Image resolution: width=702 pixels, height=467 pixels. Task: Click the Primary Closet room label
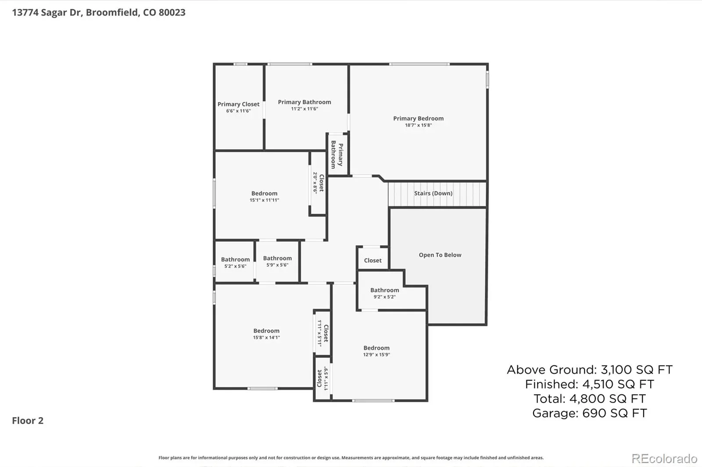238,104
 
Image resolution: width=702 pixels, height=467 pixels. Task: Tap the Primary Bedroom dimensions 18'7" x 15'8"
419,125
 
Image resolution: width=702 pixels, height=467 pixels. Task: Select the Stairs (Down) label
433,194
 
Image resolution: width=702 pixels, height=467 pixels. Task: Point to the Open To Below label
440,255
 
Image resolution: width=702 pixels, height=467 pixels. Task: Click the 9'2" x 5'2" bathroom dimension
384,297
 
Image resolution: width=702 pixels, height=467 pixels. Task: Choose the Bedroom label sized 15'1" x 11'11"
264,194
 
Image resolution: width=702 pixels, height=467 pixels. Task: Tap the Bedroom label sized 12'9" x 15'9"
376,348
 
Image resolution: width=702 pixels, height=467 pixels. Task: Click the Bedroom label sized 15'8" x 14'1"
266,331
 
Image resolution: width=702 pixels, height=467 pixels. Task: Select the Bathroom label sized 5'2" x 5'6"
235,259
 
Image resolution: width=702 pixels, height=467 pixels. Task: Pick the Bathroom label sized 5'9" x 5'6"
277,258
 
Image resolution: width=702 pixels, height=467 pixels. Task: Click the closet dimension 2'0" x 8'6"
315,183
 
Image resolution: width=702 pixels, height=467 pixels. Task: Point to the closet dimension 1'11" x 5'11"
320,333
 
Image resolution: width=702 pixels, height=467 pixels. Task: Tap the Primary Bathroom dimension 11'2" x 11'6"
304,109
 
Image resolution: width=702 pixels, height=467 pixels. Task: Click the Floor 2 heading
28,421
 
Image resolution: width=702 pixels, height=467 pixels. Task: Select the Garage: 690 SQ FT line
590,413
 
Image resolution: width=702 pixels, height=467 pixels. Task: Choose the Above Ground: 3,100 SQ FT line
590,370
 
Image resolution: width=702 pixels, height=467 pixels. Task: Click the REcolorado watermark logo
664,459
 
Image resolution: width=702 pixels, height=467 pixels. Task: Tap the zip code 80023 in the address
172,13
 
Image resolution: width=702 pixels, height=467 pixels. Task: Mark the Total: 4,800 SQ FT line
590,399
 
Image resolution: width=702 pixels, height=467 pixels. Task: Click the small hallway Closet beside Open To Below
372,260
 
